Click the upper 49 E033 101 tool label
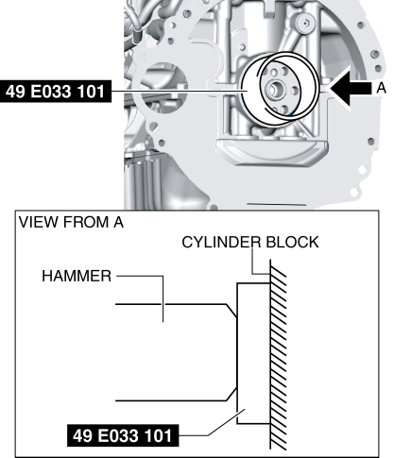pyautogui.click(x=56, y=92)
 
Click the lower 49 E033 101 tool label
pyautogui.click(x=123, y=435)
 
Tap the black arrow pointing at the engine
pyautogui.click(x=351, y=88)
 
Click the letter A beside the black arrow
pyautogui.click(x=381, y=88)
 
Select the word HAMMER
pyautogui.click(x=77, y=276)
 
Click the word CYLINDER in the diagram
pyautogui.click(x=221, y=243)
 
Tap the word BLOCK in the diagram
pyautogui.click(x=292, y=243)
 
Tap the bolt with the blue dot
pyautogui.click(x=305, y=23)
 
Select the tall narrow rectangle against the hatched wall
pyautogui.click(x=253, y=353)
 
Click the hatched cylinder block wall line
pyautogui.click(x=270, y=354)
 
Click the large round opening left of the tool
pyautogui.click(x=163, y=86)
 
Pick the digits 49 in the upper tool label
pyautogui.click(x=16, y=92)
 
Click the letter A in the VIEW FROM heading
pyautogui.click(x=118, y=222)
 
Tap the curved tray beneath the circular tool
pyautogui.click(x=272, y=153)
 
